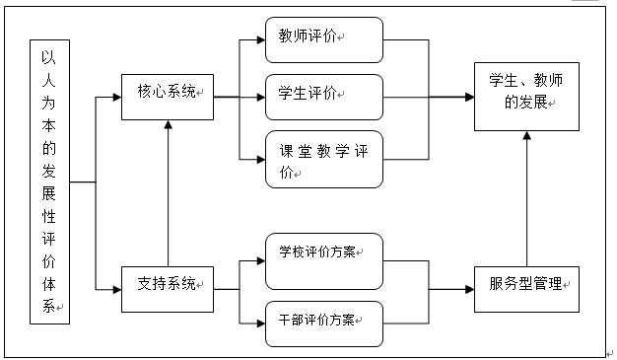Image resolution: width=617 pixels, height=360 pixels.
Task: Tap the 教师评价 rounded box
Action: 322,39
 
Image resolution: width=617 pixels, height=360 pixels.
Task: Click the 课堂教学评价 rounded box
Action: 322,159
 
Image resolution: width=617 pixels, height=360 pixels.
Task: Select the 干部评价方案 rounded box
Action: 322,320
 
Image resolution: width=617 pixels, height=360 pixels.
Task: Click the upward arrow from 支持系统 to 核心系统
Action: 169,197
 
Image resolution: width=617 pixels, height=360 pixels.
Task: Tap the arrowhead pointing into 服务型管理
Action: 469,289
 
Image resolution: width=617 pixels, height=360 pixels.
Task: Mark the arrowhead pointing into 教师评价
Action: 259,40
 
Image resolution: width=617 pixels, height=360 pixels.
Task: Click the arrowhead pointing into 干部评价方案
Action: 259,320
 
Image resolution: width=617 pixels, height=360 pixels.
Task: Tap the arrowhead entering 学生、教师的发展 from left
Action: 469,97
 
